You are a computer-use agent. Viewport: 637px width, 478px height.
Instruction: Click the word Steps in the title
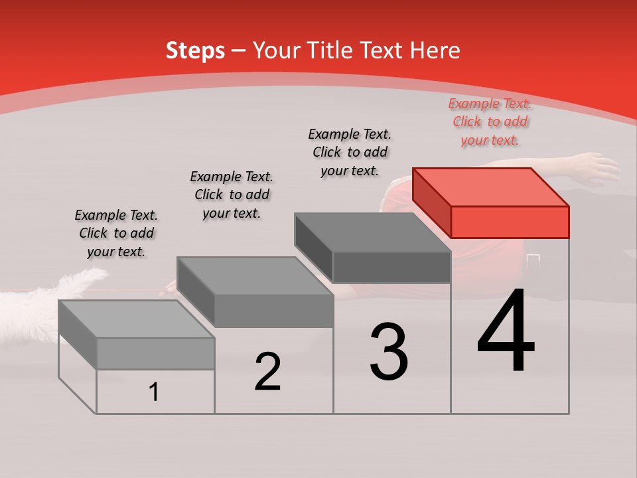(x=194, y=50)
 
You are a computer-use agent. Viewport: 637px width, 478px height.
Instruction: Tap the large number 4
(x=506, y=332)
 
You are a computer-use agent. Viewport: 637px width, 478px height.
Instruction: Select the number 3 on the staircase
(x=389, y=352)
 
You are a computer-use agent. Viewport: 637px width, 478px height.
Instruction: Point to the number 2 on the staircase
(x=267, y=372)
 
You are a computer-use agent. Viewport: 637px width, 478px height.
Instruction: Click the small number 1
(x=154, y=392)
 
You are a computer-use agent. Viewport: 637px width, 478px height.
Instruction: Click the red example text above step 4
(x=490, y=122)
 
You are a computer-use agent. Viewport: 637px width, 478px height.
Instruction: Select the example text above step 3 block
(x=350, y=152)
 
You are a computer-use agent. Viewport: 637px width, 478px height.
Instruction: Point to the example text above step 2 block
(x=232, y=195)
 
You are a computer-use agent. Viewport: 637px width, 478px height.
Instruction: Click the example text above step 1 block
(x=116, y=233)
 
